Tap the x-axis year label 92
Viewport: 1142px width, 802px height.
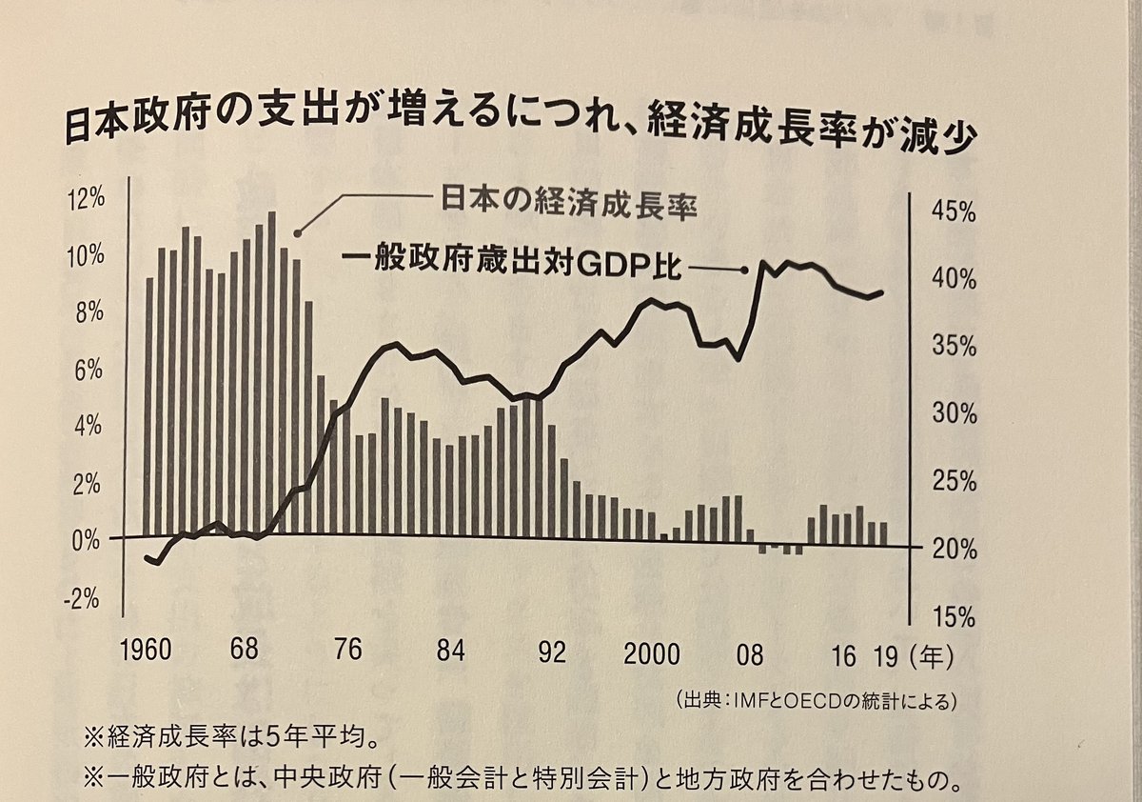pyautogui.click(x=551, y=653)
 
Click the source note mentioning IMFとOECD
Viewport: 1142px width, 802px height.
pyautogui.click(x=814, y=701)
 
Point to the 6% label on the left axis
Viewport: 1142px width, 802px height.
pyautogui.click(x=87, y=369)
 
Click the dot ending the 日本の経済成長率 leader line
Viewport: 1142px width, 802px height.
pyautogui.click(x=296, y=232)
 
